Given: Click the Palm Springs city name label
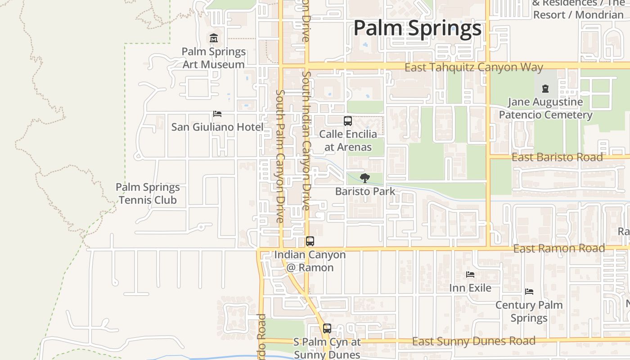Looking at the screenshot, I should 417,28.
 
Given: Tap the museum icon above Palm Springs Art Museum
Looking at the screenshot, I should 214,38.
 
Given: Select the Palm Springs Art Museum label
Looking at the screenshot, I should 214,58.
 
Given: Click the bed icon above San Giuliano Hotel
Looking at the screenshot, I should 217,114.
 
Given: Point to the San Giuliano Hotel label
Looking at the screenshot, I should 217,127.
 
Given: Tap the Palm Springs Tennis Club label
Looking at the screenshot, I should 148,193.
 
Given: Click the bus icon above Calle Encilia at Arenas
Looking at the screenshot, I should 348,121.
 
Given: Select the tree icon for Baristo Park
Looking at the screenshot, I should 365,178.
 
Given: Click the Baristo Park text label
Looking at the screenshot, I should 365,191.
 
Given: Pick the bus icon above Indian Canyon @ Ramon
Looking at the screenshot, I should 310,241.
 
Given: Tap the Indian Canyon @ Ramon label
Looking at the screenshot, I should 310,261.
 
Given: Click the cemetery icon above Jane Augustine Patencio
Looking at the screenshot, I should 545,88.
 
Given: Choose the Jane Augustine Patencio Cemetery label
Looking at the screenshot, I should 545,108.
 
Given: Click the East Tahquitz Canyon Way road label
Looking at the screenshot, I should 474,67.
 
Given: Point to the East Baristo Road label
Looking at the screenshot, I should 557,157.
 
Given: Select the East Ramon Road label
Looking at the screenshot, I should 559,248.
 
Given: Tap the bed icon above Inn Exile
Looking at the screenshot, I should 470,274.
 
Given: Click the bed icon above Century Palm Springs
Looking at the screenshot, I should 529,292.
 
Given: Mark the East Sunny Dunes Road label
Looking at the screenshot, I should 474,341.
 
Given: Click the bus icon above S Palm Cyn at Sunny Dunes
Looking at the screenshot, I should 327,328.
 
